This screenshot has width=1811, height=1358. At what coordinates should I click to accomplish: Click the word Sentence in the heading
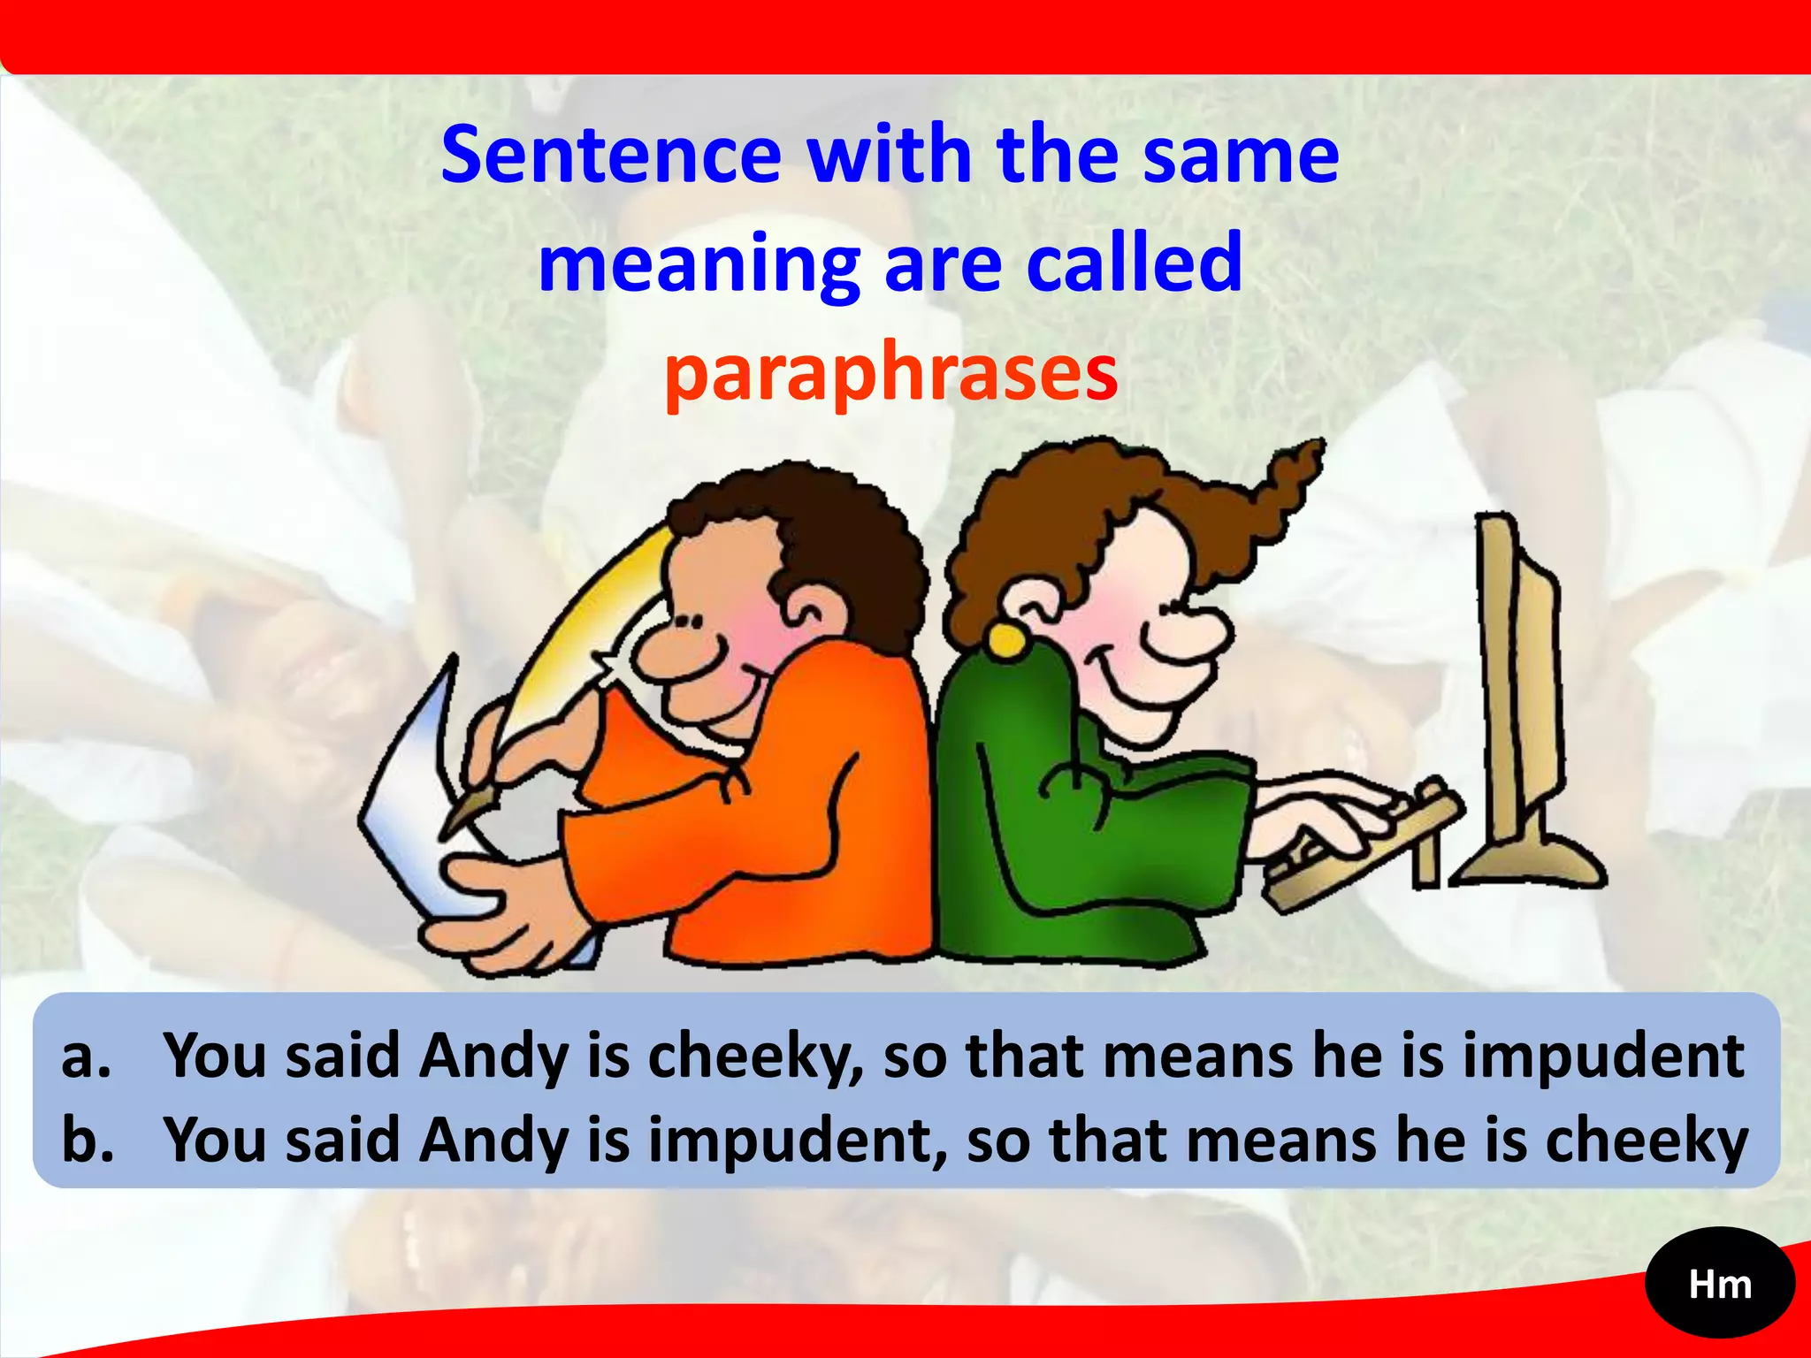[x=611, y=156]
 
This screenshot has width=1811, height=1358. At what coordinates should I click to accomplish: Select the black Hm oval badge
[x=1720, y=1285]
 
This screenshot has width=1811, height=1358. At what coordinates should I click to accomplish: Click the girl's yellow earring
[x=1006, y=638]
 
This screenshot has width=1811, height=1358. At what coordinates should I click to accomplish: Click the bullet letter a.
[x=86, y=1057]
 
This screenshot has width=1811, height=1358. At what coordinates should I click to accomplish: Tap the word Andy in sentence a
[x=493, y=1057]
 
